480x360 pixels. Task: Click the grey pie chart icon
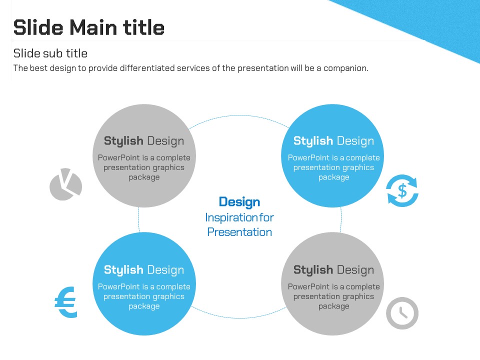(x=65, y=184)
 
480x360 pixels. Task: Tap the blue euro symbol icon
(x=65, y=302)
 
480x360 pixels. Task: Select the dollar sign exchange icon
(x=402, y=190)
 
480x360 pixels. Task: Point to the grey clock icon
(x=402, y=313)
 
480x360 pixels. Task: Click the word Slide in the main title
(x=38, y=27)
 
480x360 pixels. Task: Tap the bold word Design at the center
(x=239, y=202)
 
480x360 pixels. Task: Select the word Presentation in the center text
(x=239, y=232)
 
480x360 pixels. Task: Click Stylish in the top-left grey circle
(x=123, y=141)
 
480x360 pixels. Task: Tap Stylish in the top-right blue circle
(x=313, y=141)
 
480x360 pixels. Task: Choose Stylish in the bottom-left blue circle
(x=123, y=270)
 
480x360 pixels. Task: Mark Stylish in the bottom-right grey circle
(x=313, y=270)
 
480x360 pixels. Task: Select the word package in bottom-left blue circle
(x=144, y=306)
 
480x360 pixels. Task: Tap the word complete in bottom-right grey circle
(x=363, y=287)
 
